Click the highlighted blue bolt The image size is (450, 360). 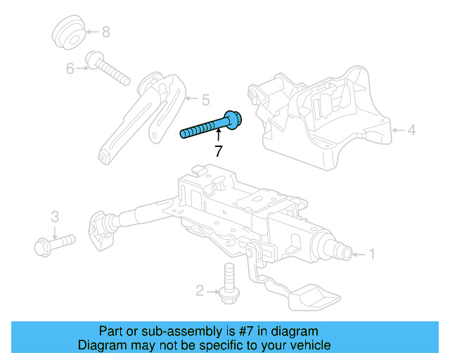click(207, 127)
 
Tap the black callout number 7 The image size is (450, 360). click(218, 150)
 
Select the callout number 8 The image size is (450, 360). click(106, 32)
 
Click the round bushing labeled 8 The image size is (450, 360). click(69, 32)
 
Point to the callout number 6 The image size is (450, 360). click(70, 68)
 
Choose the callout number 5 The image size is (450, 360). click(205, 99)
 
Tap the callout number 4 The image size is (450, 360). click(411, 129)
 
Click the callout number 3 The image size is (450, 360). click(54, 215)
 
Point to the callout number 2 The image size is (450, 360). click(200, 290)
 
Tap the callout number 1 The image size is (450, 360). click(373, 254)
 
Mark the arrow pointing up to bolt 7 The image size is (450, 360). click(218, 136)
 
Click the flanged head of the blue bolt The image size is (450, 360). click(232, 119)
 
